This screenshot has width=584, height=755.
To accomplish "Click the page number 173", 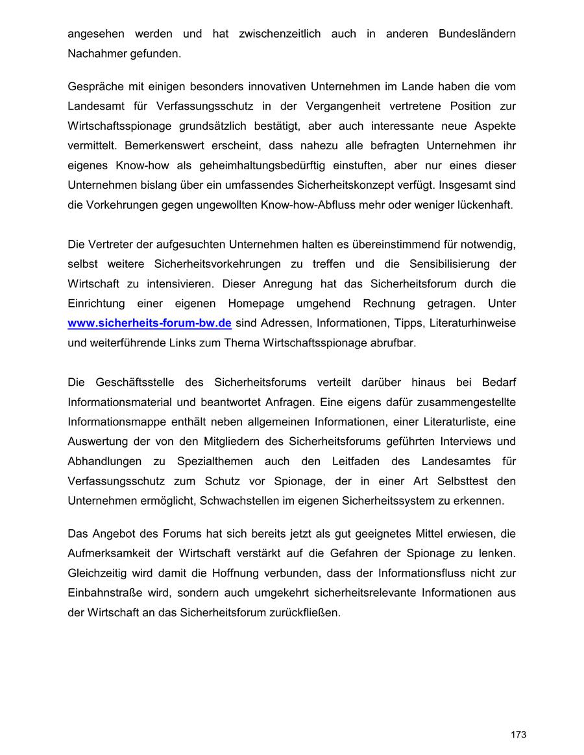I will pyautogui.click(x=518, y=734).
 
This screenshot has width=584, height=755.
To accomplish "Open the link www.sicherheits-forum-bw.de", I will pyautogui.click(x=149, y=323).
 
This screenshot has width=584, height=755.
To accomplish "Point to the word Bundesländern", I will pyautogui.click(x=477, y=34).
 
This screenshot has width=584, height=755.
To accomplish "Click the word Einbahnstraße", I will pyautogui.click(x=101, y=593).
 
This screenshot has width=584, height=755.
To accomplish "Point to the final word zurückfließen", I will pyautogui.click(x=304, y=612).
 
